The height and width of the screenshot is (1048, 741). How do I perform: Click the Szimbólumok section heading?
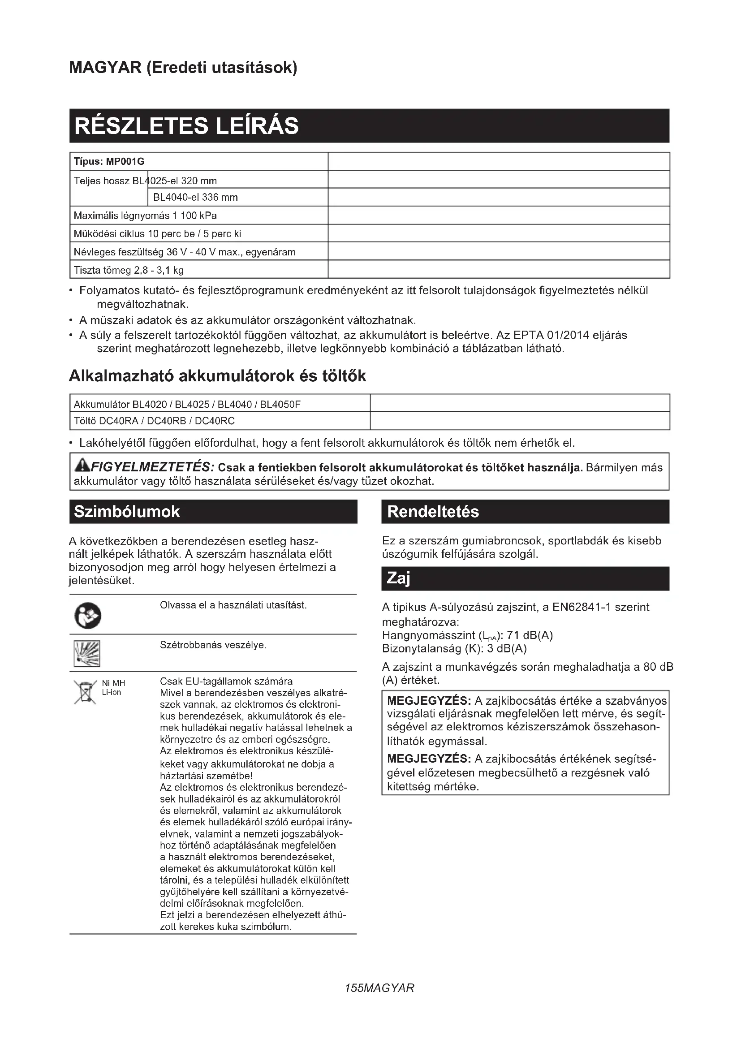(x=127, y=512)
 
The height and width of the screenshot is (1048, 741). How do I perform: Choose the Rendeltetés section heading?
(x=433, y=512)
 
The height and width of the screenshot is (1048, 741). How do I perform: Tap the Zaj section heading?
(x=398, y=578)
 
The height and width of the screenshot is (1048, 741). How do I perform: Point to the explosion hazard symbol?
(x=87, y=654)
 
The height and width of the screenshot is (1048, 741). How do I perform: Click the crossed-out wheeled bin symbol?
(x=85, y=692)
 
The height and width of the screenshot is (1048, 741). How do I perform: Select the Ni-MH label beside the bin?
(x=113, y=683)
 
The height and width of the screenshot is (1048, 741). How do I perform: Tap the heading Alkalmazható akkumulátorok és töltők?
(x=217, y=376)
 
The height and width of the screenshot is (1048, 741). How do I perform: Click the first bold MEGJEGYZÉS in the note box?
(x=428, y=701)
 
